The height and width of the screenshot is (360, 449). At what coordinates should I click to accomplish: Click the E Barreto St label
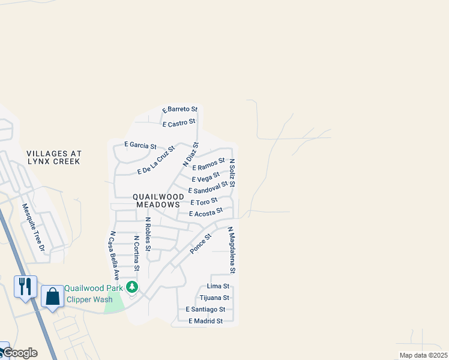(179, 109)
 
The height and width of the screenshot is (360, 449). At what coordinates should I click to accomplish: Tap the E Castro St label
(179, 123)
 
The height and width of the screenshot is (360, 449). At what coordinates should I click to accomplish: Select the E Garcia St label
(140, 145)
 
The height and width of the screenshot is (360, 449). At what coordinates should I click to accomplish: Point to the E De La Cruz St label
(155, 160)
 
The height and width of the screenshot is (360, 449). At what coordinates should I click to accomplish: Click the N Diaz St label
(190, 154)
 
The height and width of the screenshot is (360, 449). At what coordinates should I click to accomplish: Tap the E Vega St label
(205, 177)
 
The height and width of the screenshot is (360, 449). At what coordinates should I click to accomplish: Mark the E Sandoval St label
(208, 187)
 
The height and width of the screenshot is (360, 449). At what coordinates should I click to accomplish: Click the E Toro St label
(203, 202)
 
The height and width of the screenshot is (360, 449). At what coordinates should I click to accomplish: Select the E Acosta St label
(206, 212)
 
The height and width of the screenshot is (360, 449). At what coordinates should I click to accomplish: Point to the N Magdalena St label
(232, 250)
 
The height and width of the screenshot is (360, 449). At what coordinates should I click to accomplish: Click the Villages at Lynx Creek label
(54, 158)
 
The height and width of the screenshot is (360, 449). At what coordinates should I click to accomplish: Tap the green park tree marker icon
(132, 288)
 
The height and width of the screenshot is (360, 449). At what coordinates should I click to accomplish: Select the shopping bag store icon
(53, 295)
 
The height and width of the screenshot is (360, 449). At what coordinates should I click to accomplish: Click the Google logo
(20, 353)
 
